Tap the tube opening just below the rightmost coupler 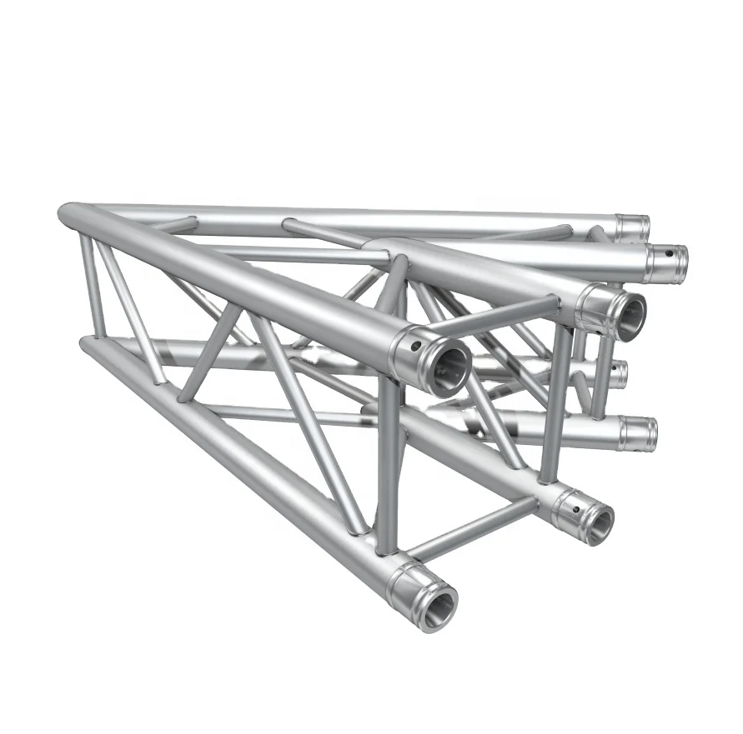(x=628, y=314)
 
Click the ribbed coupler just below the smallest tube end (x=638, y=432)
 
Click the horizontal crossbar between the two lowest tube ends (x=471, y=528)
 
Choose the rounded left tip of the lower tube (x=86, y=345)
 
